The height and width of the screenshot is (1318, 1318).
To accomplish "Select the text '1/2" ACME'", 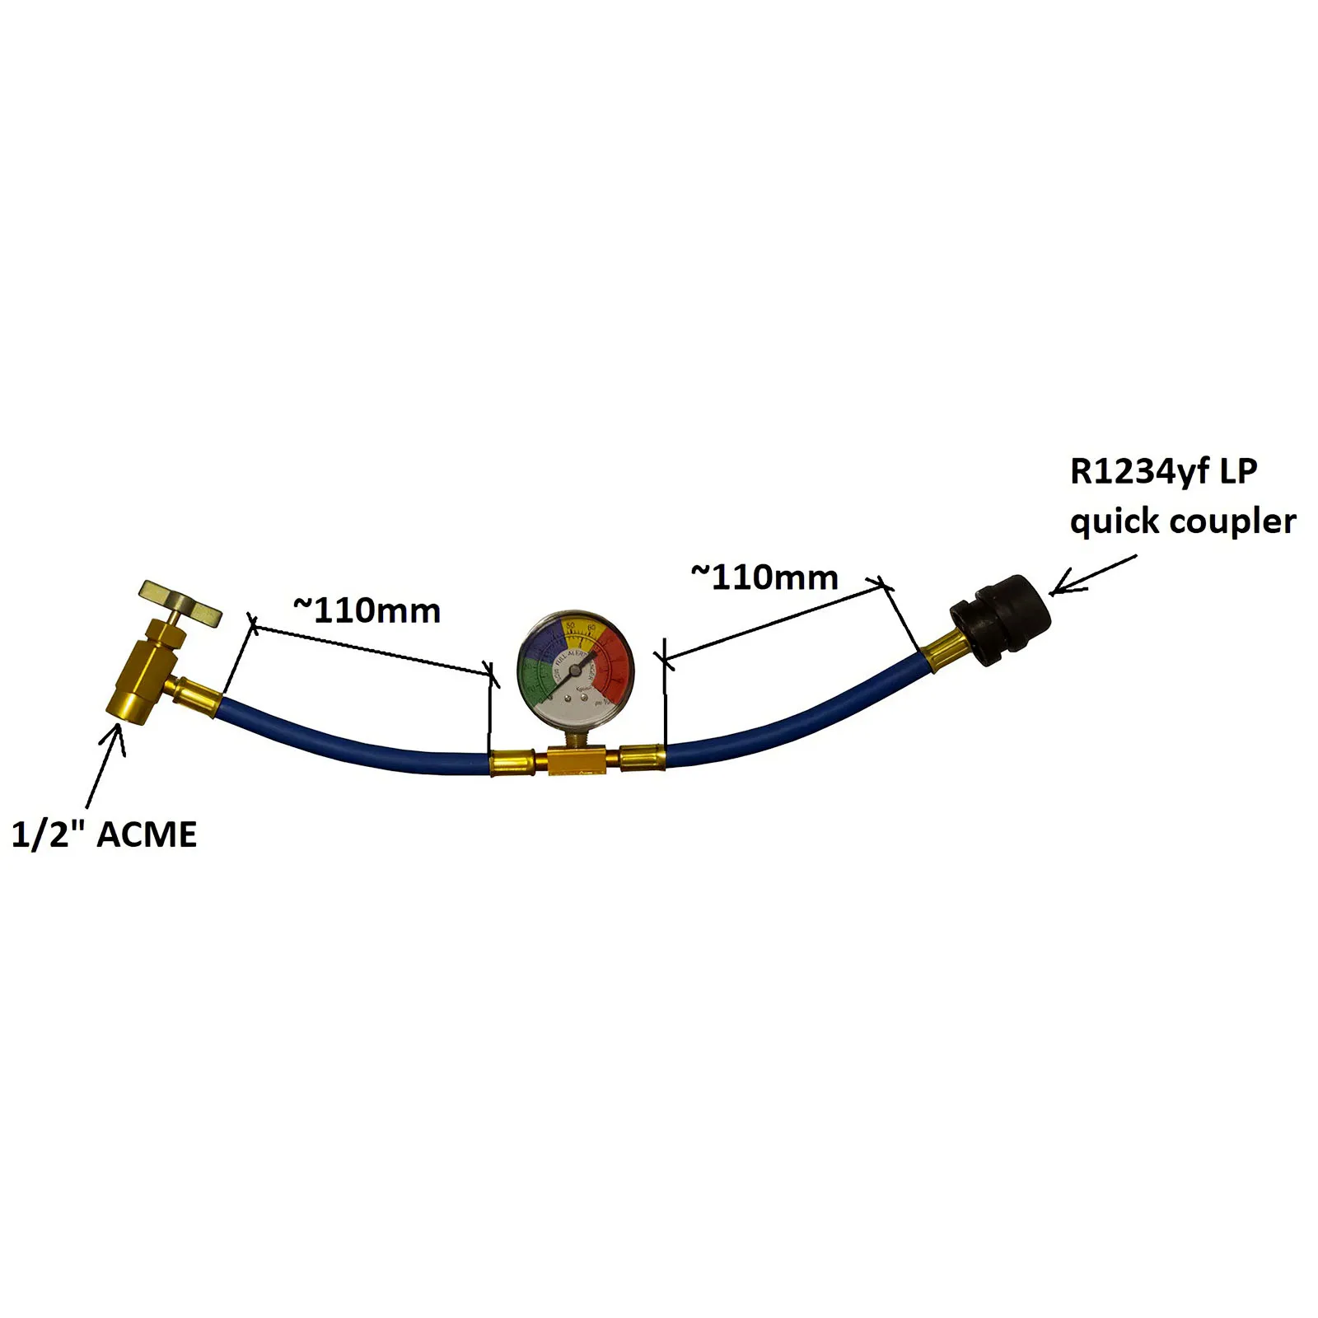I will (x=104, y=835).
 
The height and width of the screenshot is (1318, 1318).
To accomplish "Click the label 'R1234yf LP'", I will (x=1163, y=473).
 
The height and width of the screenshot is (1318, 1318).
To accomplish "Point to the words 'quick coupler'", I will (x=1183, y=522).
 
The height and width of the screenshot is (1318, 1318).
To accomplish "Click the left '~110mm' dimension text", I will (x=367, y=611).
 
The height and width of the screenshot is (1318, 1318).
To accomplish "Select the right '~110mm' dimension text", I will (x=764, y=578).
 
